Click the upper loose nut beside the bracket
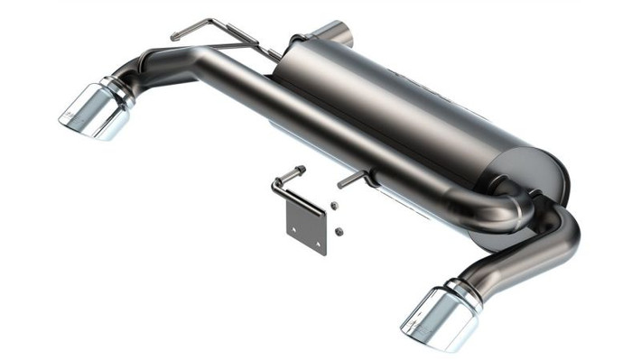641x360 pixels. (334, 207)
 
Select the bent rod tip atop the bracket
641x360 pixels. (298, 170)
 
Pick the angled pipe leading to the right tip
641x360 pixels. (524, 257)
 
